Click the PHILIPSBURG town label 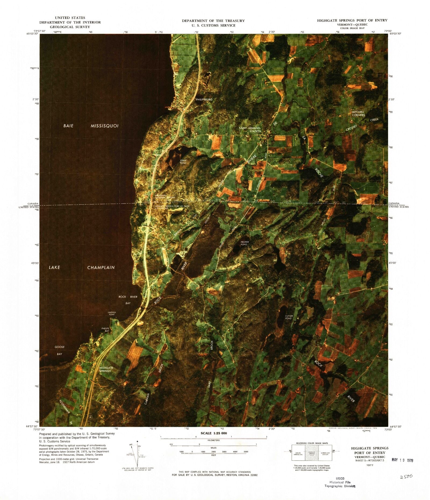(204, 99)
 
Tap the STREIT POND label (183, 162)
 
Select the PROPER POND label (244, 243)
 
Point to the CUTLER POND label (288, 317)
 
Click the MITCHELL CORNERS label (358, 113)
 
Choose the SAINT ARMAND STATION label (250, 130)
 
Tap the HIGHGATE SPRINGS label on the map (105, 369)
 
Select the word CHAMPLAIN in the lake (101, 268)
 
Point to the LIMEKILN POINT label (111, 313)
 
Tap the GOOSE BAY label (59, 350)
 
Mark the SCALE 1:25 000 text (214, 441)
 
